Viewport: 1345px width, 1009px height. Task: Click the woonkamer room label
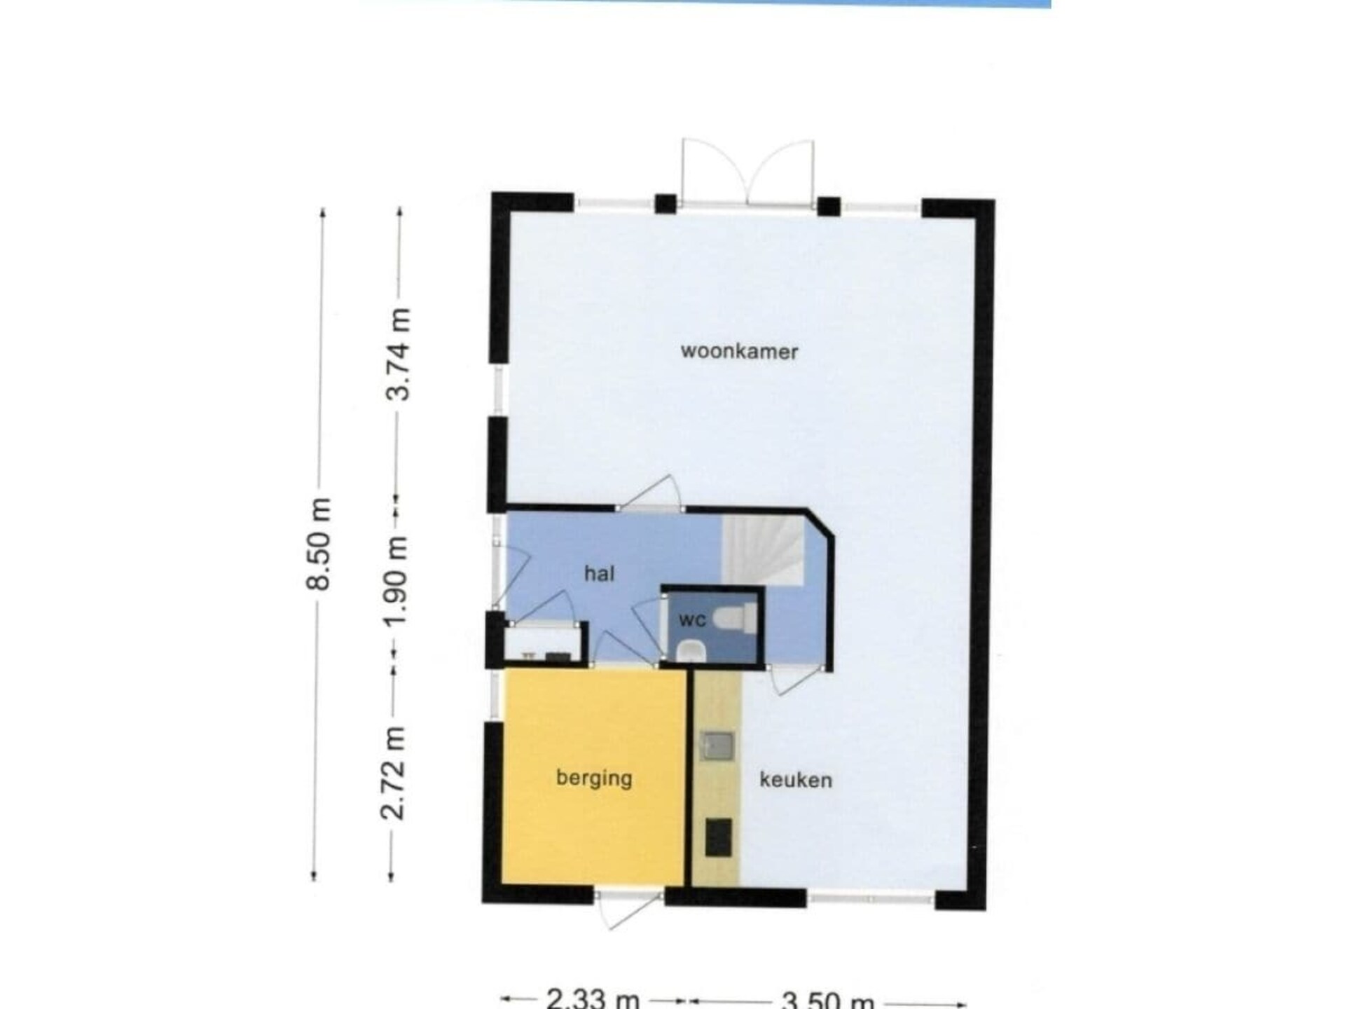point(739,350)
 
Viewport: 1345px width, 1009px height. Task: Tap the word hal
point(599,574)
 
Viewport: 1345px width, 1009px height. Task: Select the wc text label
point(692,620)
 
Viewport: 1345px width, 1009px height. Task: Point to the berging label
point(594,778)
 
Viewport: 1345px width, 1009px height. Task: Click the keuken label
point(796,780)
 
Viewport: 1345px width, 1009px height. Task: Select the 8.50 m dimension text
point(320,544)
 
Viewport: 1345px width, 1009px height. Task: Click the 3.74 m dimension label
point(399,354)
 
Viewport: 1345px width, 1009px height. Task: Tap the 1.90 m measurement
point(397,581)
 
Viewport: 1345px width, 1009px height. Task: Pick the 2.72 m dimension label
point(393,773)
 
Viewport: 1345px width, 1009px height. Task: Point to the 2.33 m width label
point(593,998)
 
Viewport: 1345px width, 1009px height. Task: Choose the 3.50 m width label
point(827,998)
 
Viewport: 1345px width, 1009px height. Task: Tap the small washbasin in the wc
point(691,651)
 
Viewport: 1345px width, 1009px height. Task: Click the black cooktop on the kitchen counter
point(718,837)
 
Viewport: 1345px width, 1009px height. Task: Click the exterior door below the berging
point(629,908)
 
